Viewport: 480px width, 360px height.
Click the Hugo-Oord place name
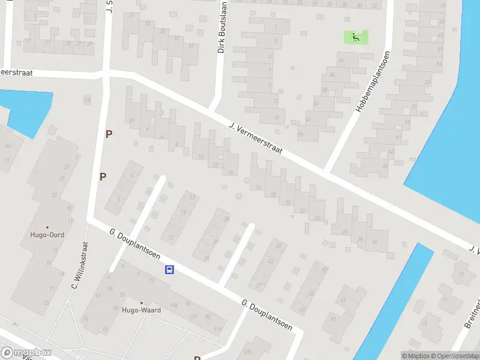47,235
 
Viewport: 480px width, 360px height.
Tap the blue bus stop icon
170,270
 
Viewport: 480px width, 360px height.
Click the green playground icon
356,37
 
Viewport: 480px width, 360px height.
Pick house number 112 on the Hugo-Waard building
193,316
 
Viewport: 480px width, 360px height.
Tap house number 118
217,330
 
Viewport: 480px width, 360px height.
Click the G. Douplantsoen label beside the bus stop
134,245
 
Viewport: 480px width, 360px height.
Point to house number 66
8,146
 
